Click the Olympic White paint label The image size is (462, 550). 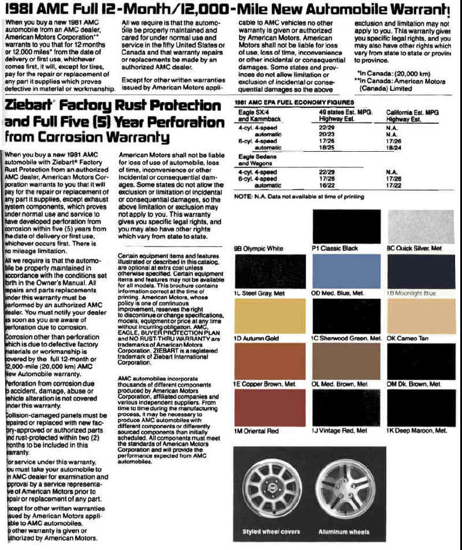(258, 249)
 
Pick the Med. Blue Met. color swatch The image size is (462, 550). (346, 271)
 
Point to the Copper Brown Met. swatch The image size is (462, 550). (270, 361)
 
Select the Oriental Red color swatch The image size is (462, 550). (270, 407)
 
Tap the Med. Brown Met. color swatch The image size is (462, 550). (346, 361)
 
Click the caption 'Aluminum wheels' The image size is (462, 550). (344, 532)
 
